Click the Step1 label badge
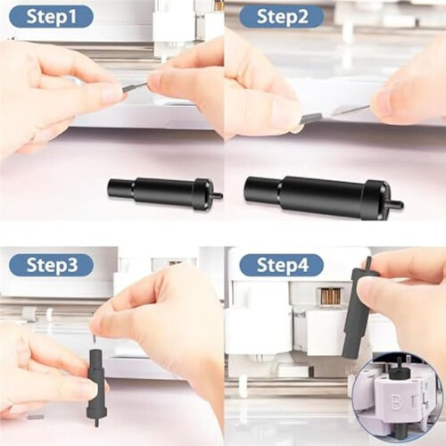pyautogui.click(x=51, y=17)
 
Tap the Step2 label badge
pyautogui.click(x=282, y=17)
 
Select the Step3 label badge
pyautogui.click(x=51, y=265)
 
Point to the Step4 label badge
pyautogui.click(x=282, y=265)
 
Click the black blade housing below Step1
pyautogui.click(x=164, y=194)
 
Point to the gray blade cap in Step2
pyautogui.click(x=311, y=118)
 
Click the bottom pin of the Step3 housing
pyautogui.click(x=96, y=422)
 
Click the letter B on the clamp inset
pyautogui.click(x=395, y=405)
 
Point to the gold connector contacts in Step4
pyautogui.click(x=331, y=296)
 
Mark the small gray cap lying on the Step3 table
pyautogui.click(x=36, y=417)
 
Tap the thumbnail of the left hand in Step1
pyautogui.click(x=111, y=95)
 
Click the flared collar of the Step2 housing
pyautogui.click(x=376, y=200)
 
